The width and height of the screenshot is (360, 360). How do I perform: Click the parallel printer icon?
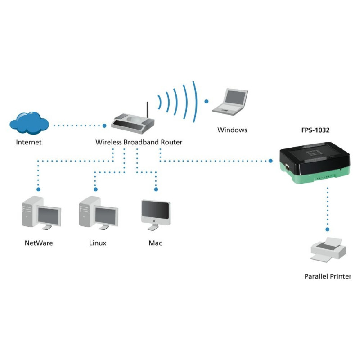coord(328,250)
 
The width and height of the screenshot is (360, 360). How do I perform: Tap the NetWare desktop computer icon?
coord(40,213)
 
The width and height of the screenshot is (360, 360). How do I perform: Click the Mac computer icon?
coord(156,214)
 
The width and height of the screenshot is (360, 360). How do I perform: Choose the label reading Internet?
coord(29,142)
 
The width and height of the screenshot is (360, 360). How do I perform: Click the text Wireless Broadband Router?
coord(139,142)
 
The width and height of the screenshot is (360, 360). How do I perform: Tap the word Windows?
coord(232,130)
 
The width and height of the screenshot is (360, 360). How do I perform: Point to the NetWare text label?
coord(39,243)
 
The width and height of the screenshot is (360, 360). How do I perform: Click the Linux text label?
coord(98,243)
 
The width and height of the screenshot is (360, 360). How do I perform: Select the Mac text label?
coord(155,243)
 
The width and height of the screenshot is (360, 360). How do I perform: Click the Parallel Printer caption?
coord(327,276)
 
